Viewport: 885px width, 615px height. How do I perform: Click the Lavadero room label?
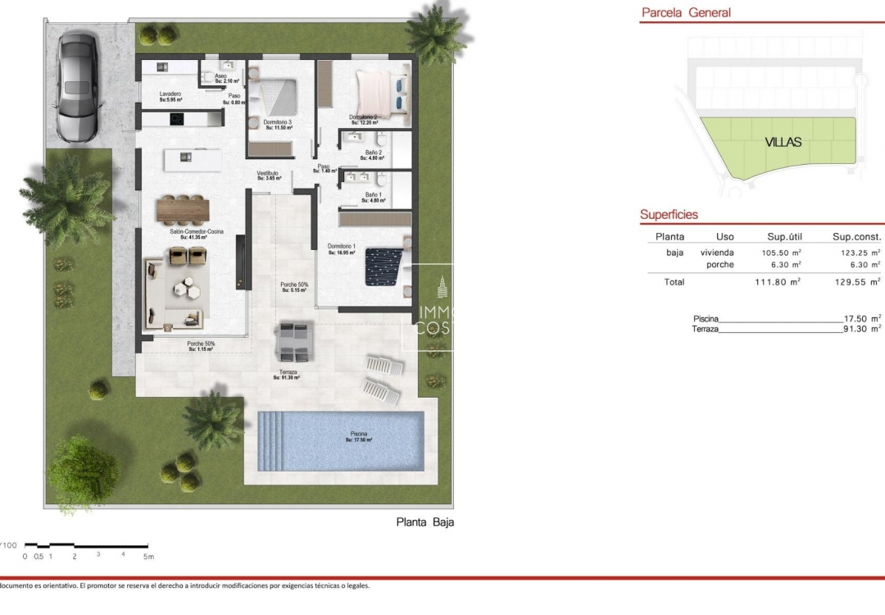pos(170,96)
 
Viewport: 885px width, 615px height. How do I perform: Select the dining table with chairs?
pos(184,208)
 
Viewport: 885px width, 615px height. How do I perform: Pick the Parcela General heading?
pos(686,12)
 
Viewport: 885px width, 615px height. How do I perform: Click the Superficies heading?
pos(669,215)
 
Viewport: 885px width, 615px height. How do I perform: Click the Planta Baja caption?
pos(424,522)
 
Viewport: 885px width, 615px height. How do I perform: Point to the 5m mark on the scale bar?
pos(148,556)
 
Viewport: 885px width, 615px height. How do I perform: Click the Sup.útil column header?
pos(783,236)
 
